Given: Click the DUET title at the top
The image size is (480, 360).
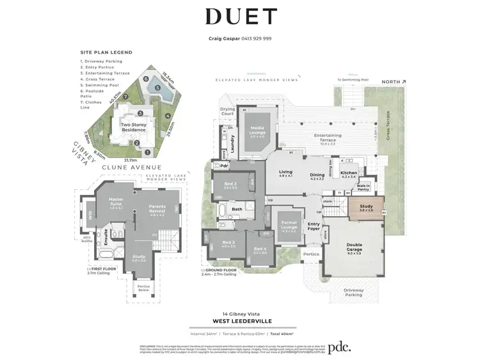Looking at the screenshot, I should tap(241, 17).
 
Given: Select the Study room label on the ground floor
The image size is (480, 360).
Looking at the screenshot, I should tap(365, 207).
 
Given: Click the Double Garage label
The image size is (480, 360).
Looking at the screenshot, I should tap(354, 245).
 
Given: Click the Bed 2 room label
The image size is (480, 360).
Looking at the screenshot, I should tap(230, 185).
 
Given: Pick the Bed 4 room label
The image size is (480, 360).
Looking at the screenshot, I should tap(260, 249).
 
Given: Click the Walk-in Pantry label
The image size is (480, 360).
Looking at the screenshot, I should tap(364, 187).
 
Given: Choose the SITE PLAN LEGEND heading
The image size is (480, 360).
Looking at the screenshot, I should tap(106, 52).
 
